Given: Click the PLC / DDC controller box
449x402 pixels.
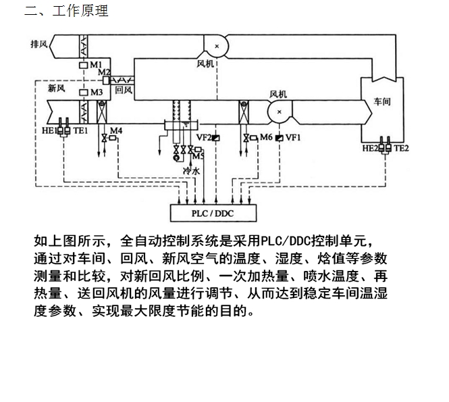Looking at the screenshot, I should (213, 213).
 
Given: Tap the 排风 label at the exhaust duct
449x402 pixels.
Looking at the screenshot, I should (39, 45).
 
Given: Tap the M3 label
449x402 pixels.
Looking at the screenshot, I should (96, 92).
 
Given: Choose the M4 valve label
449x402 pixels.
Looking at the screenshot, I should (116, 130).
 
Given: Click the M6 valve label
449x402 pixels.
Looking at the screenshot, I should (266, 137).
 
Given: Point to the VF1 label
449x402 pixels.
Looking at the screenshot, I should (293, 137).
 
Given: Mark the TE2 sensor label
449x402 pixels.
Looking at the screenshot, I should (401, 148).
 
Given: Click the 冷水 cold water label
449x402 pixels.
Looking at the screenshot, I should (192, 171).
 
